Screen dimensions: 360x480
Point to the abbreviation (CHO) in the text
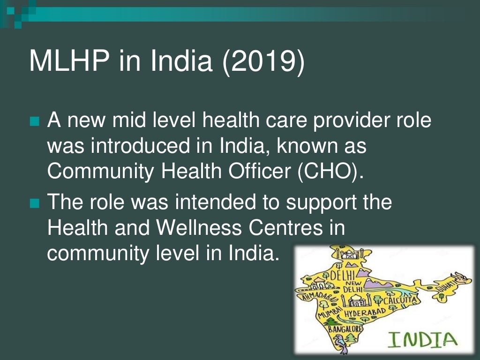click(x=330, y=171)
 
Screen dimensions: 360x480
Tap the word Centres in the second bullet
click(x=286, y=228)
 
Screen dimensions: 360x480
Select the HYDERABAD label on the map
click(x=365, y=312)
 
